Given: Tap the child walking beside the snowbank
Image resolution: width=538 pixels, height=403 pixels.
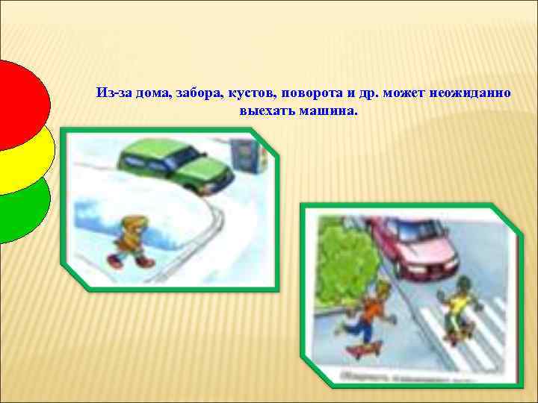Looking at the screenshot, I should tap(132, 240).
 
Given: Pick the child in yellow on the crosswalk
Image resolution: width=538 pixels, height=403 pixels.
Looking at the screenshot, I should tap(457, 306).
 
